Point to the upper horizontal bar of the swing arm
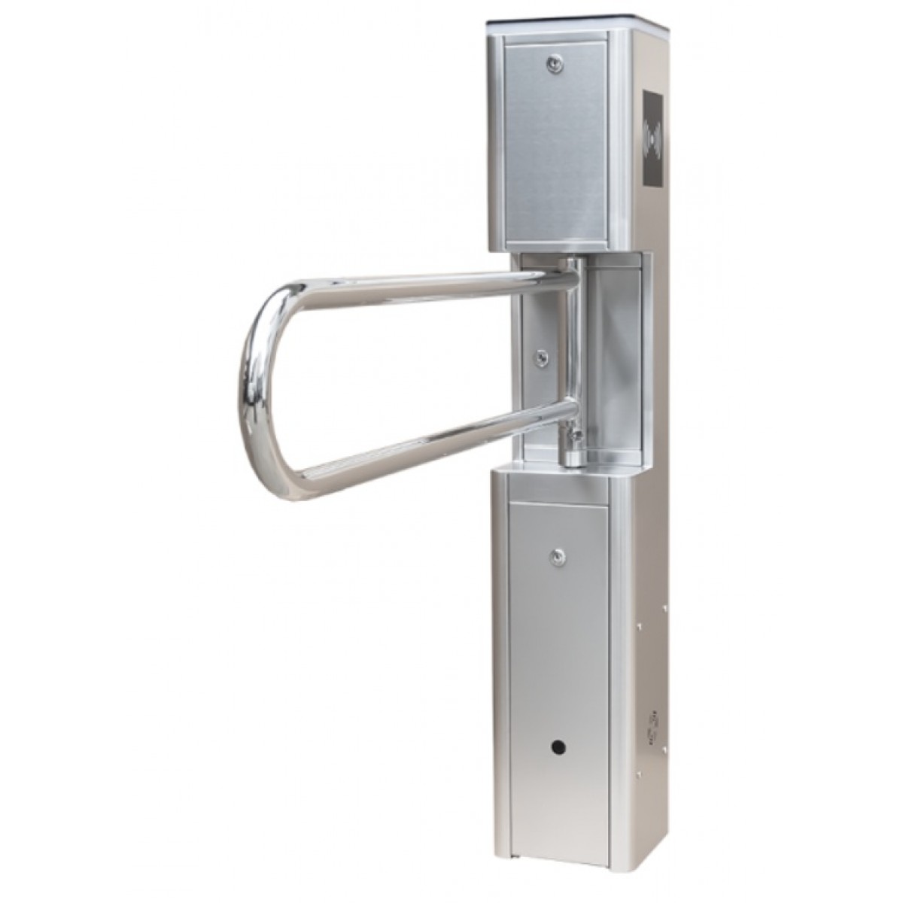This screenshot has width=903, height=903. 421,285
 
